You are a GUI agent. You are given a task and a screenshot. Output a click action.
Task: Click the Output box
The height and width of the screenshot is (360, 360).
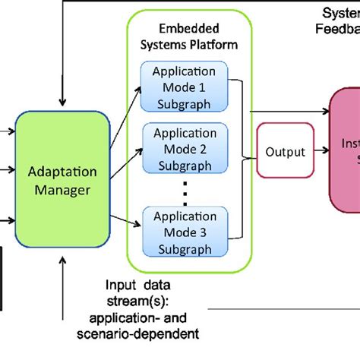click(286, 153)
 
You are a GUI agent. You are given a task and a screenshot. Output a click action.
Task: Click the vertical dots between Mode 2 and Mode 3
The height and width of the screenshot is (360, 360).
click(185, 188)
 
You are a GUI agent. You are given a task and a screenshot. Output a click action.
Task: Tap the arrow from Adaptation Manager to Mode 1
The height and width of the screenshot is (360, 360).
click(127, 106)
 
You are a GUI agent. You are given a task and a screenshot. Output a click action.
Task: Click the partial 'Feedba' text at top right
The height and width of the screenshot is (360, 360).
click(337, 28)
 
